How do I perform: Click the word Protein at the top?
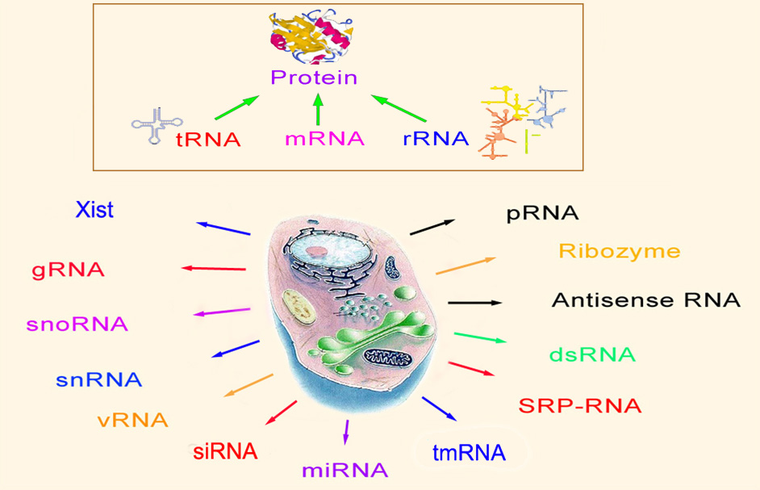click(314, 78)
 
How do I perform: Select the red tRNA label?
click(207, 139)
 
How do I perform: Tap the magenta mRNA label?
click(324, 139)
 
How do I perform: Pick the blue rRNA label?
click(436, 139)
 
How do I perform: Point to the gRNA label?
click(69, 269)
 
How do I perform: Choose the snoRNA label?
click(77, 325)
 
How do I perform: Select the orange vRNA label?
click(132, 420)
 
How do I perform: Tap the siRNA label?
click(225, 450)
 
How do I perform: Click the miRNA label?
click(345, 470)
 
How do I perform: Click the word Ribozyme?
click(619, 252)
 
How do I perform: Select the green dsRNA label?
click(592, 354)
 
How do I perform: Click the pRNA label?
click(543, 215)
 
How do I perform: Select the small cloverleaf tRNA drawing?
click(152, 126)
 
